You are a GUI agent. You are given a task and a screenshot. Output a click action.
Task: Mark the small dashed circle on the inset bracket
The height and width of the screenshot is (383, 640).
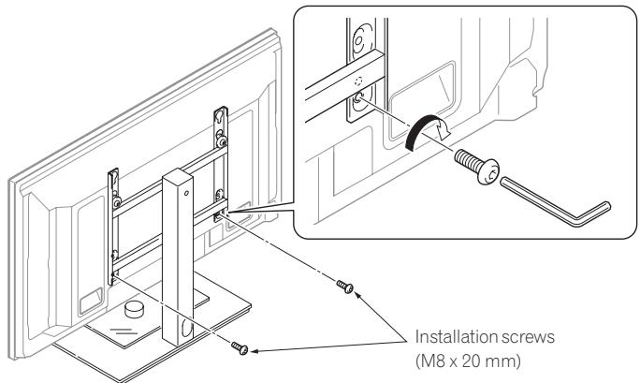(361, 75)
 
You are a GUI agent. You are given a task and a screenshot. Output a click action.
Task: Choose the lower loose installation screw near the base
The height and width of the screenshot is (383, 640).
(240, 347)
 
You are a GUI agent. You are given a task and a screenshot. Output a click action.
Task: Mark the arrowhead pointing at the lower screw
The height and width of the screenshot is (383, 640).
(254, 351)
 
